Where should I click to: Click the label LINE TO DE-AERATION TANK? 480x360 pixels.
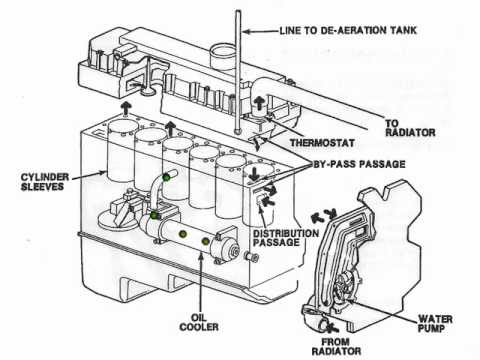[348, 31]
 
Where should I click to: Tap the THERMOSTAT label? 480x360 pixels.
[322, 143]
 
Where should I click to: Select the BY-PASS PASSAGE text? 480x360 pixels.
[359, 164]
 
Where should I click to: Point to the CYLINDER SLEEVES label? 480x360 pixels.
[45, 182]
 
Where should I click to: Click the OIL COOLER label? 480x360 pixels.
[199, 322]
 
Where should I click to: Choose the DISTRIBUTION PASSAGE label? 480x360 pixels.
[286, 238]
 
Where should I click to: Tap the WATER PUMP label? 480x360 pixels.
[435, 324]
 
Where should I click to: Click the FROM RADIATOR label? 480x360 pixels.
[336, 346]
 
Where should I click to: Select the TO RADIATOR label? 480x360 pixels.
[410, 128]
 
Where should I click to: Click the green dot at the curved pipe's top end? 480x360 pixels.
[166, 177]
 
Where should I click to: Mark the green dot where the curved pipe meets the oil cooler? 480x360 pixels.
[154, 216]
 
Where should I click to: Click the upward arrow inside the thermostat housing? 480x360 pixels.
[259, 103]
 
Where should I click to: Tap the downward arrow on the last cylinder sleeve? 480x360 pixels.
[255, 174]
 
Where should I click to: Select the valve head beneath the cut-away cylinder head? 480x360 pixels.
[148, 91]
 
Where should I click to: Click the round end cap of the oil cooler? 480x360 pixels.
[232, 250]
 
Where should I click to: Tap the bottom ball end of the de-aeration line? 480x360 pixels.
[238, 131]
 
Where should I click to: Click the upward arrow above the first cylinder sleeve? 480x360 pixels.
[126, 109]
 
